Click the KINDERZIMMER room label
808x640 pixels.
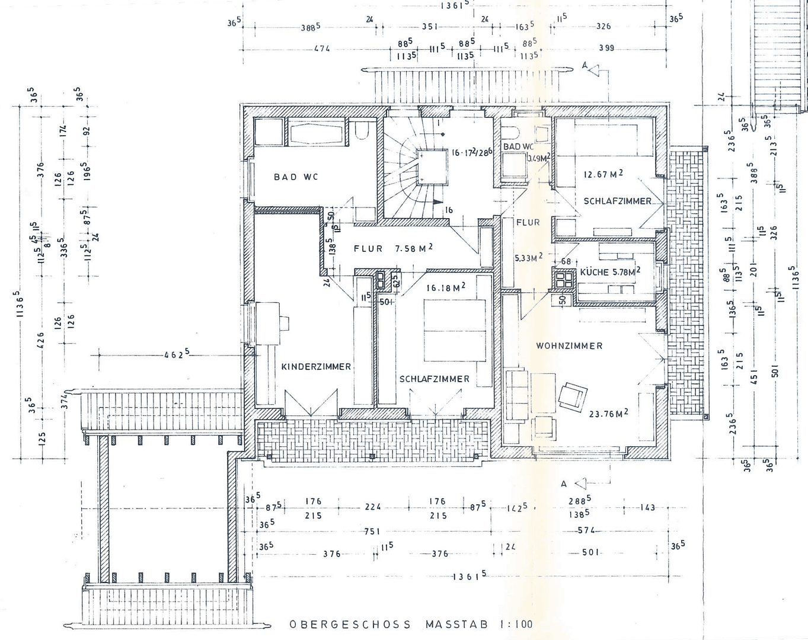(316, 367)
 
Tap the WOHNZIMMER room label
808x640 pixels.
(569, 345)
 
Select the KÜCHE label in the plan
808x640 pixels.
(594, 272)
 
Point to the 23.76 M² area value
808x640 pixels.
(608, 414)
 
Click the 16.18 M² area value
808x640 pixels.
(446, 288)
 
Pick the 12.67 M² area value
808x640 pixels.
(603, 174)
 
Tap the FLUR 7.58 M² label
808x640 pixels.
(393, 248)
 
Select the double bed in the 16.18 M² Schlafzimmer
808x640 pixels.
(454, 330)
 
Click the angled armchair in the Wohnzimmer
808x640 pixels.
(572, 396)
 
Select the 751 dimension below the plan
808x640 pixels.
(372, 532)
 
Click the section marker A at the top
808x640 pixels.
(585, 67)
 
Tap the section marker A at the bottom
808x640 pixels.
(564, 484)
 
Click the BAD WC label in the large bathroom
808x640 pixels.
(296, 177)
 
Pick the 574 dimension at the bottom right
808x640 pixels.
(586, 531)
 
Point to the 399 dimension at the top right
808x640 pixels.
(606, 48)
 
